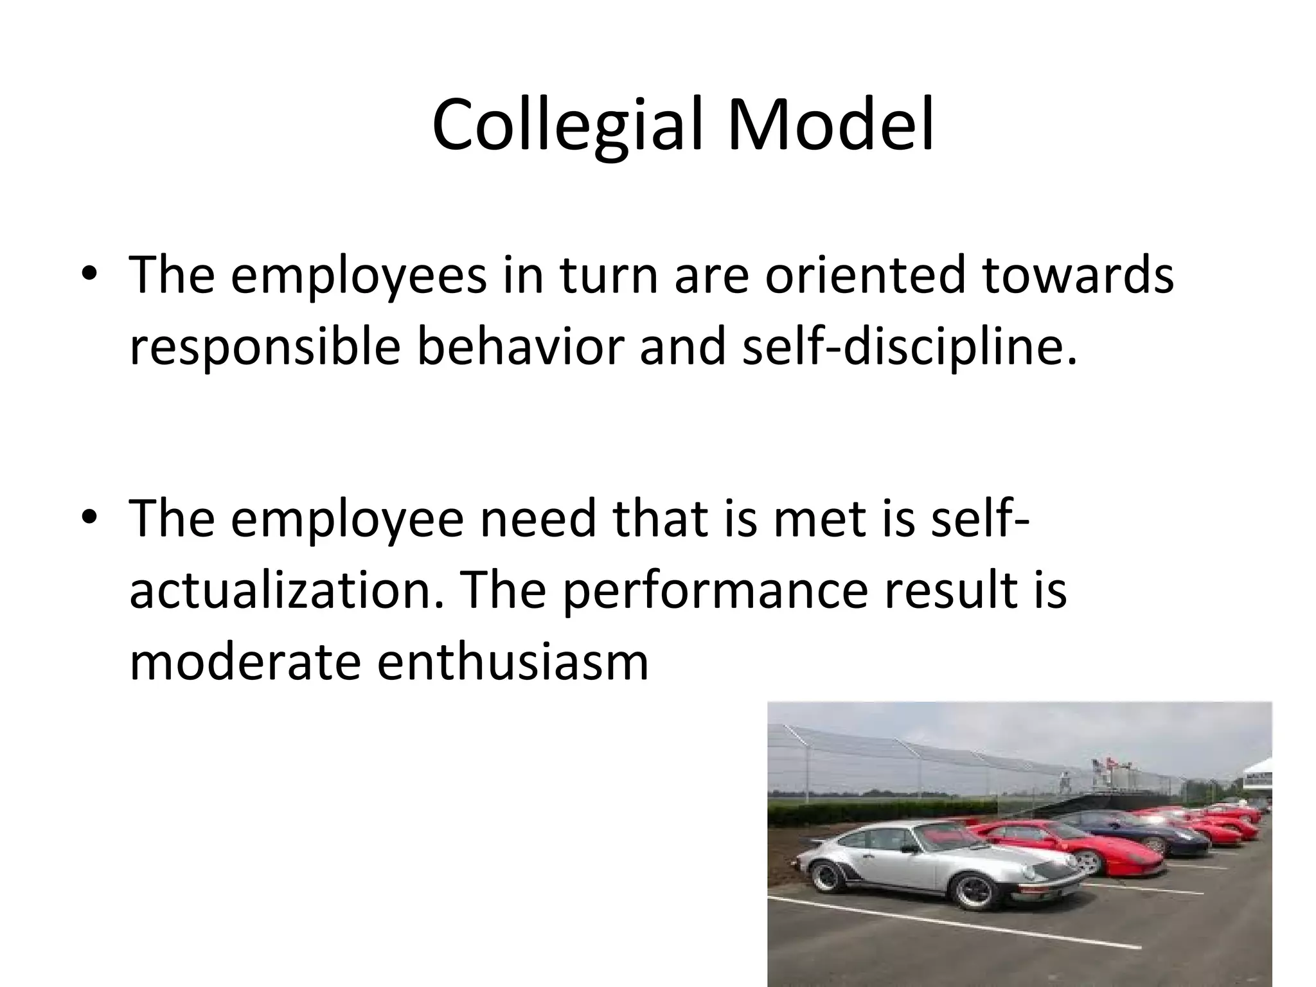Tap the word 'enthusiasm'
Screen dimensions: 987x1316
512,661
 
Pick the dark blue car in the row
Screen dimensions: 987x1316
1131,834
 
